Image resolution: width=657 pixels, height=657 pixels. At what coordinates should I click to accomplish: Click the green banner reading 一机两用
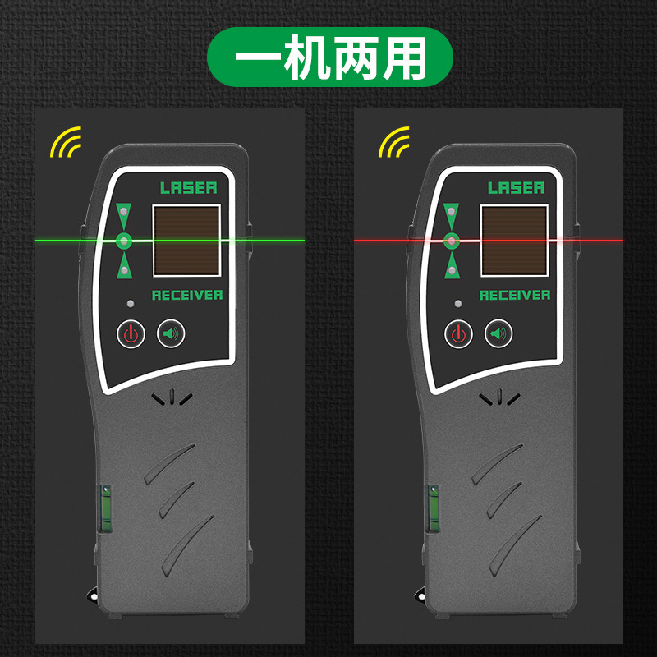pyautogui.click(x=330, y=57)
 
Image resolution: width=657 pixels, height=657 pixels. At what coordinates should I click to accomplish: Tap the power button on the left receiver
pyautogui.click(x=131, y=334)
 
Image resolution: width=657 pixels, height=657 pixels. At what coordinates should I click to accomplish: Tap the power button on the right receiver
pyautogui.click(x=458, y=334)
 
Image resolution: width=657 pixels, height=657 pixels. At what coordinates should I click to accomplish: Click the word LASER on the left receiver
pyautogui.click(x=189, y=188)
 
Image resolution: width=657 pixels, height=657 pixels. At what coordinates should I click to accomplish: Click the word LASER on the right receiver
pyautogui.click(x=517, y=188)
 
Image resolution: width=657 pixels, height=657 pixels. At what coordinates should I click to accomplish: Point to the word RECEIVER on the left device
pyautogui.click(x=187, y=295)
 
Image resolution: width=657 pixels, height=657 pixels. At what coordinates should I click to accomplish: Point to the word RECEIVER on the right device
pyautogui.click(x=515, y=295)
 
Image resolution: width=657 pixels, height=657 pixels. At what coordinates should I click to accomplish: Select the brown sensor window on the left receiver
pyautogui.click(x=186, y=241)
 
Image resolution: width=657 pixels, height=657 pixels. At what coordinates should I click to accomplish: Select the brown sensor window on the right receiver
pyautogui.click(x=514, y=241)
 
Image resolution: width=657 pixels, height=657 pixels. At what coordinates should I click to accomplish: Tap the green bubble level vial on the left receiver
pyautogui.click(x=105, y=508)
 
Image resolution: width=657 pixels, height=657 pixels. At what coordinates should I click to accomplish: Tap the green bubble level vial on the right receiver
pyautogui.click(x=434, y=508)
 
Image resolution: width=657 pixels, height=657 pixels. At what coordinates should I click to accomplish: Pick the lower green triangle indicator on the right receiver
pyautogui.click(x=451, y=266)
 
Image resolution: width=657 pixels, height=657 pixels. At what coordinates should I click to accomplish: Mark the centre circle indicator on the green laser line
pyautogui.click(x=124, y=241)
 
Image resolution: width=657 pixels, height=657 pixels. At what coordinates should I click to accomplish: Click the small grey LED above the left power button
pyautogui.click(x=131, y=304)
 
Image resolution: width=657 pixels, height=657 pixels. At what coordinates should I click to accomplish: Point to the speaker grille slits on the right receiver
pyautogui.click(x=499, y=397)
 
